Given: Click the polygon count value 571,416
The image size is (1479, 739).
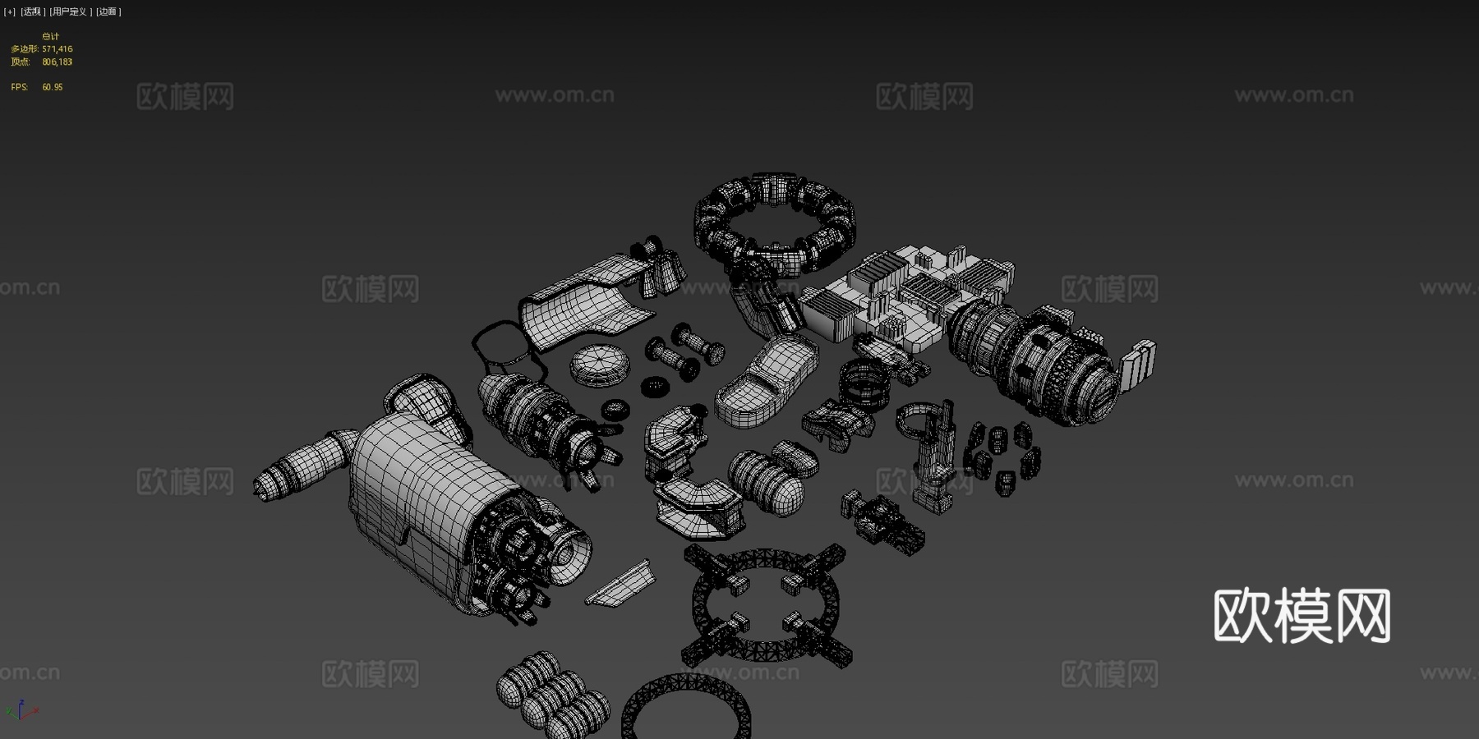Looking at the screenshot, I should (x=58, y=49).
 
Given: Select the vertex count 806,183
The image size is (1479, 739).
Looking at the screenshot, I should (x=58, y=62).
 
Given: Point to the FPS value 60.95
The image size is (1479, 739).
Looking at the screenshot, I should (x=53, y=87).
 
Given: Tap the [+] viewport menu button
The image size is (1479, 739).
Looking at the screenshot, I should (x=10, y=11).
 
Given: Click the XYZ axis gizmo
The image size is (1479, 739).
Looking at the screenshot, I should (x=21, y=710).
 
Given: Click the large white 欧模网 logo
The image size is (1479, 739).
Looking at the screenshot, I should (x=1302, y=616).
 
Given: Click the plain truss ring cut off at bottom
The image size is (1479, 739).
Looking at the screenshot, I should (x=686, y=706).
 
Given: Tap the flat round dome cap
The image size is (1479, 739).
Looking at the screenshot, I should (x=601, y=364).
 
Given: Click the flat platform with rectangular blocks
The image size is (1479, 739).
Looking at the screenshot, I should (x=904, y=291).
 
